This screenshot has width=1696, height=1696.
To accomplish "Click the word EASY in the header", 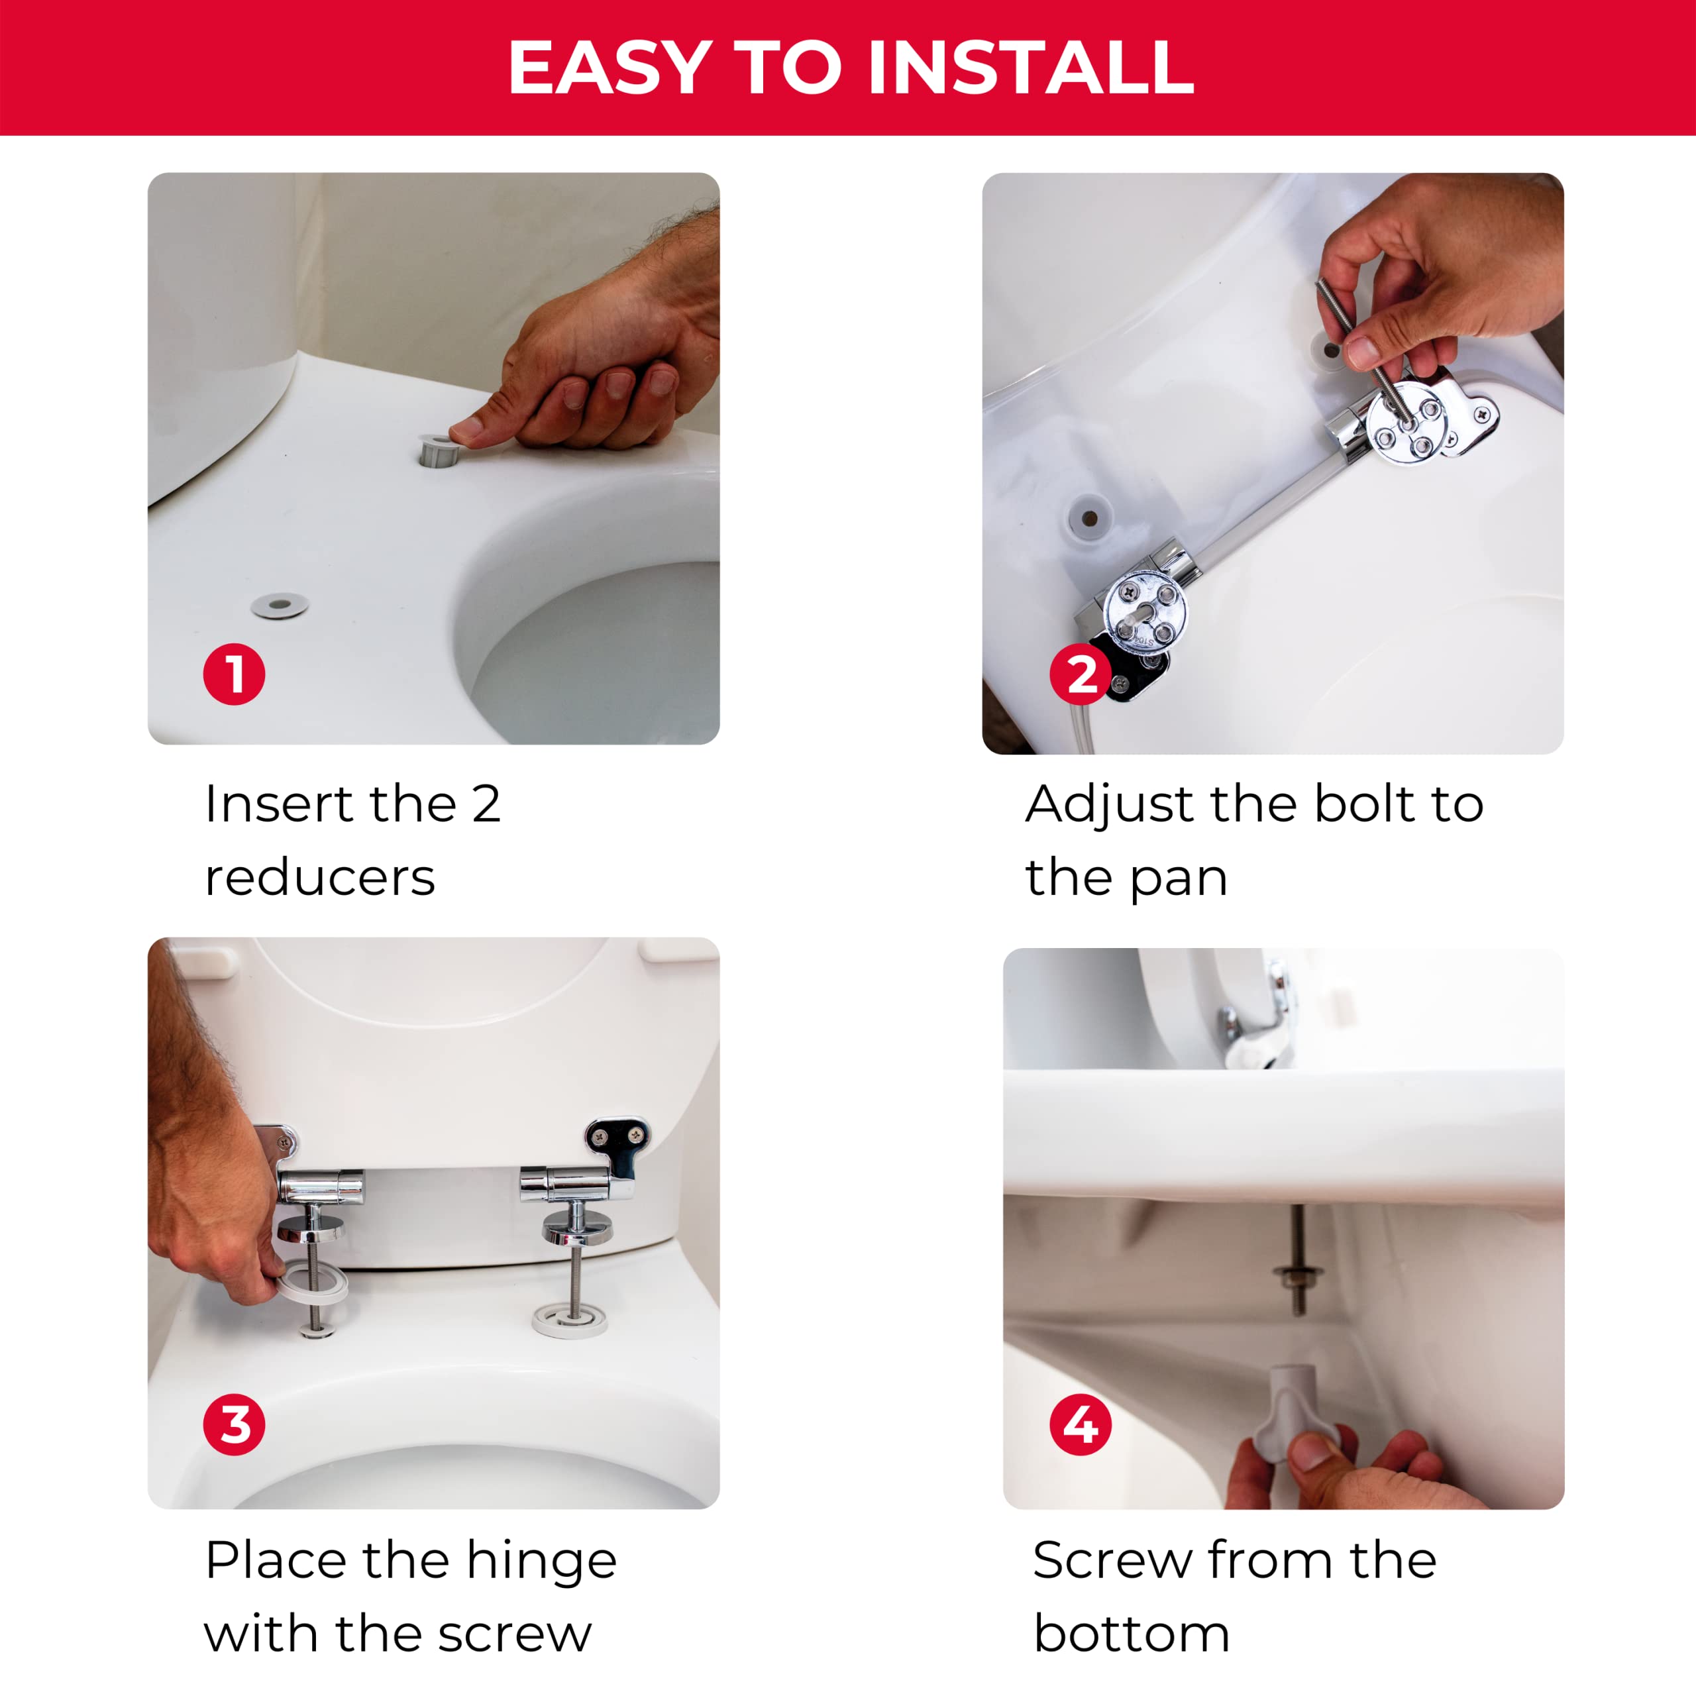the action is pyautogui.click(x=610, y=68).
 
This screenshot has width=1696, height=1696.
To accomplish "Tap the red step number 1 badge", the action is pyautogui.click(x=233, y=674).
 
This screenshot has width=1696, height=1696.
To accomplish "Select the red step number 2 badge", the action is pyautogui.click(x=1081, y=674).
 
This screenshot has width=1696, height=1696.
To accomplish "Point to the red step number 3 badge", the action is pyautogui.click(x=233, y=1424).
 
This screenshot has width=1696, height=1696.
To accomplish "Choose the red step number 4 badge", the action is pyautogui.click(x=1081, y=1424).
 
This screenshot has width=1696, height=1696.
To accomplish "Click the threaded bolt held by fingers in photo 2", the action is pyautogui.click(x=1362, y=351).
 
